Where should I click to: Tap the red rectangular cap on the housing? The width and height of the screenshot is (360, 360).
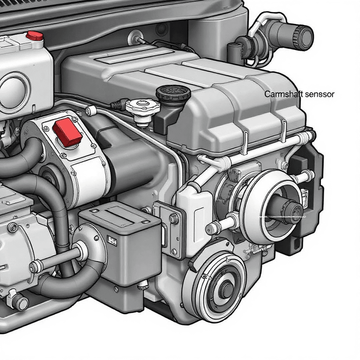point(67,132)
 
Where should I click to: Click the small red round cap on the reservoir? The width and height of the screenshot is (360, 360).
point(34,36)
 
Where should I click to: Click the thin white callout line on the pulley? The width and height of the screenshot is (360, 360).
point(282,216)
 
